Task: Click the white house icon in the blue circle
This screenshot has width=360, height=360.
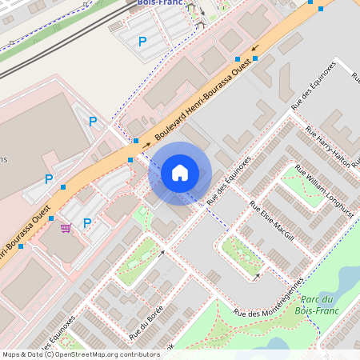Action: [180, 173]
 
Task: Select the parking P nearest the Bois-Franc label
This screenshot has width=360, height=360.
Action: [142, 42]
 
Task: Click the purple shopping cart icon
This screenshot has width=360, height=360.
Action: [65, 227]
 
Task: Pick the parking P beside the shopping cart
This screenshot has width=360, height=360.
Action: [87, 222]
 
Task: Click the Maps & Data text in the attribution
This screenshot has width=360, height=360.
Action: [21, 354]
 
